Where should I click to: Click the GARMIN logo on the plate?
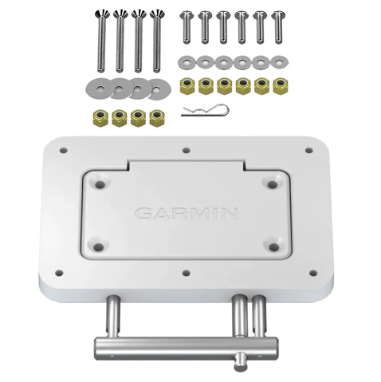tap(187, 214)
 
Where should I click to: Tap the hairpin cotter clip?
tap(205, 110)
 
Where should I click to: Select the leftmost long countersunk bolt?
tap(101, 41)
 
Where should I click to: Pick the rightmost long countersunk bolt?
tap(157, 41)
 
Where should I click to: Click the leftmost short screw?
tap(186, 27)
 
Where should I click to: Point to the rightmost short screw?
tap(278, 27)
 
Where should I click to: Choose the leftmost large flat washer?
tap(100, 87)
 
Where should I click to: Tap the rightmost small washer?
tap(279, 63)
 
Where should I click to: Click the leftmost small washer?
tap(187, 63)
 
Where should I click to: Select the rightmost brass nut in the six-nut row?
tap(280, 85)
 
